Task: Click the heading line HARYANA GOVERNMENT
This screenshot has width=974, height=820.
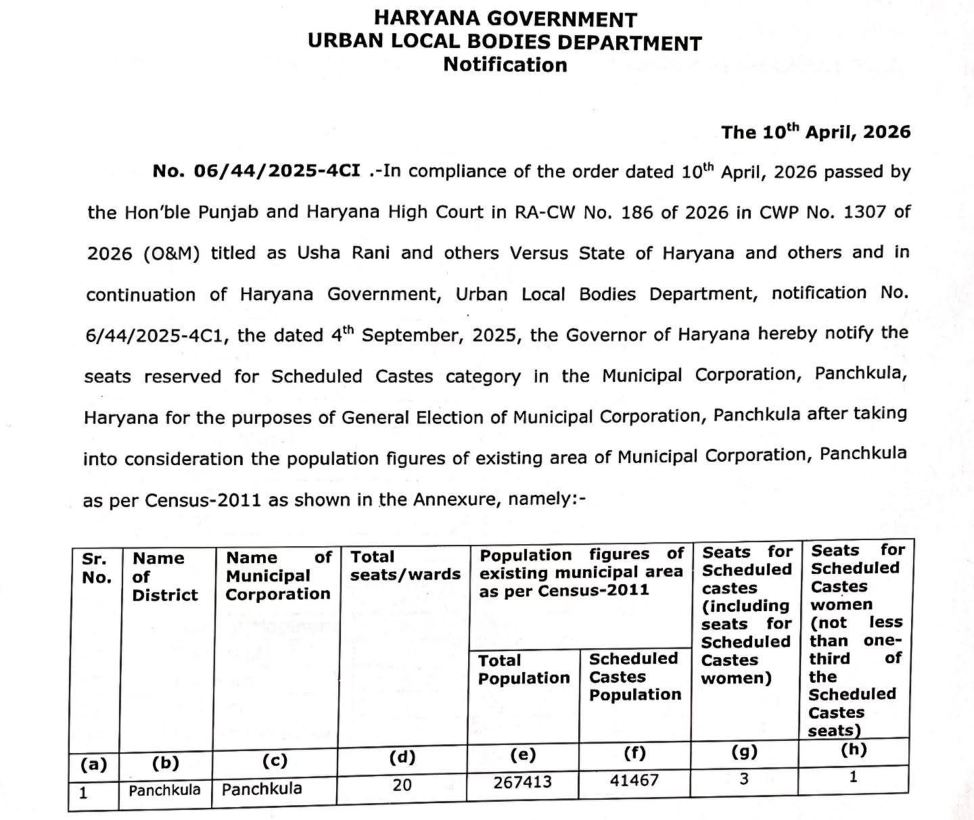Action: pos(505,19)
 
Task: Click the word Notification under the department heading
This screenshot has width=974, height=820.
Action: pos(505,65)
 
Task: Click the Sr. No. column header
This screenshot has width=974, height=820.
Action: pos(97,568)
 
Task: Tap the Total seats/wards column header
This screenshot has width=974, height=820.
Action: pos(404,566)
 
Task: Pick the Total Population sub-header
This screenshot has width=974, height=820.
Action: pos(523,669)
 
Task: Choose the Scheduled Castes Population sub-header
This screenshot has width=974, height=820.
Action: pos(634,676)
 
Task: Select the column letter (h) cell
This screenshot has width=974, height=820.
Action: pos(853,750)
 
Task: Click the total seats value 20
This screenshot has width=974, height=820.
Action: pos(402,784)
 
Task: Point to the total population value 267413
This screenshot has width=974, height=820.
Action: pos(522,782)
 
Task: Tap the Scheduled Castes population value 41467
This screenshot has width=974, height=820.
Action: pos(634,781)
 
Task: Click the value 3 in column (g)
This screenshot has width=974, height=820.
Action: pos(744,779)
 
